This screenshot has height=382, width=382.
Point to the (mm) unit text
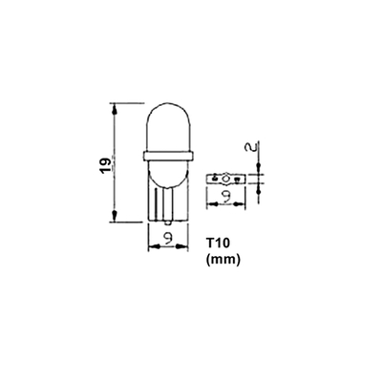223,259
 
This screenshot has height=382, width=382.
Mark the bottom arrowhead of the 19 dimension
115,219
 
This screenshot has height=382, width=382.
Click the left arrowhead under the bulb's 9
152,244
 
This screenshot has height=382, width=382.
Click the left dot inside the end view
215,179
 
